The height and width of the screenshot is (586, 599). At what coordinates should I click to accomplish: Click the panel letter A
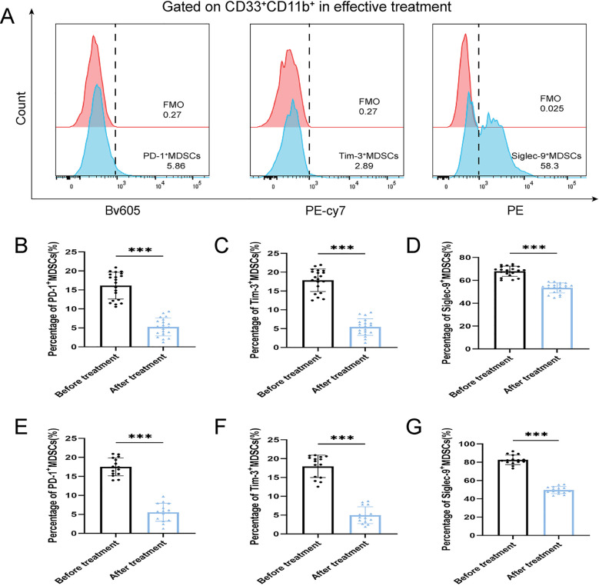[8, 17]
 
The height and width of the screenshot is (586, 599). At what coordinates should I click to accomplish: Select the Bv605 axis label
[122, 210]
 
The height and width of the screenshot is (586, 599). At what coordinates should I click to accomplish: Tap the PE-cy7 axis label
[325, 211]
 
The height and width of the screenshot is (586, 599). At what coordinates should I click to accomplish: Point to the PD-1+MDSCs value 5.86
[176, 166]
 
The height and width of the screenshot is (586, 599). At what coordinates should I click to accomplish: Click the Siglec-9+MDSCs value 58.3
[550, 166]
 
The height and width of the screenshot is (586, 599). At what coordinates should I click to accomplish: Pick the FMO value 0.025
[551, 108]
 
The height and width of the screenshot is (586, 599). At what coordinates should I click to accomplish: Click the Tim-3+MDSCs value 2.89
[364, 166]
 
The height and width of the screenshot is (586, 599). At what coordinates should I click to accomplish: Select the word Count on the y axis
[21, 108]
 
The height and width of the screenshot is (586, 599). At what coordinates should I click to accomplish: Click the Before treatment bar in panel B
[116, 316]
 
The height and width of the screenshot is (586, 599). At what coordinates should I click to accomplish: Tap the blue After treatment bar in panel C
[364, 337]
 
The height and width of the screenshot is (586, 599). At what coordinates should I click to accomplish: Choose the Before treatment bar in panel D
[510, 310]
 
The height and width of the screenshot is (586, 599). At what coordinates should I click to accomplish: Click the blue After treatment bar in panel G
[558, 513]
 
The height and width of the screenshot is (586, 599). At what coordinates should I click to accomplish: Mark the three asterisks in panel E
[140, 437]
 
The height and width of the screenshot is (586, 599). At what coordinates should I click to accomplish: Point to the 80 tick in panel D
[465, 258]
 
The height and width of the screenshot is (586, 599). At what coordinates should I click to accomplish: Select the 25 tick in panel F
[273, 441]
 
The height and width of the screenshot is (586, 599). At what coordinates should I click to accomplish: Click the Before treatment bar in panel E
[116, 500]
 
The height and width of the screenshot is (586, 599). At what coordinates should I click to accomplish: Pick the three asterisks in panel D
[534, 248]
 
